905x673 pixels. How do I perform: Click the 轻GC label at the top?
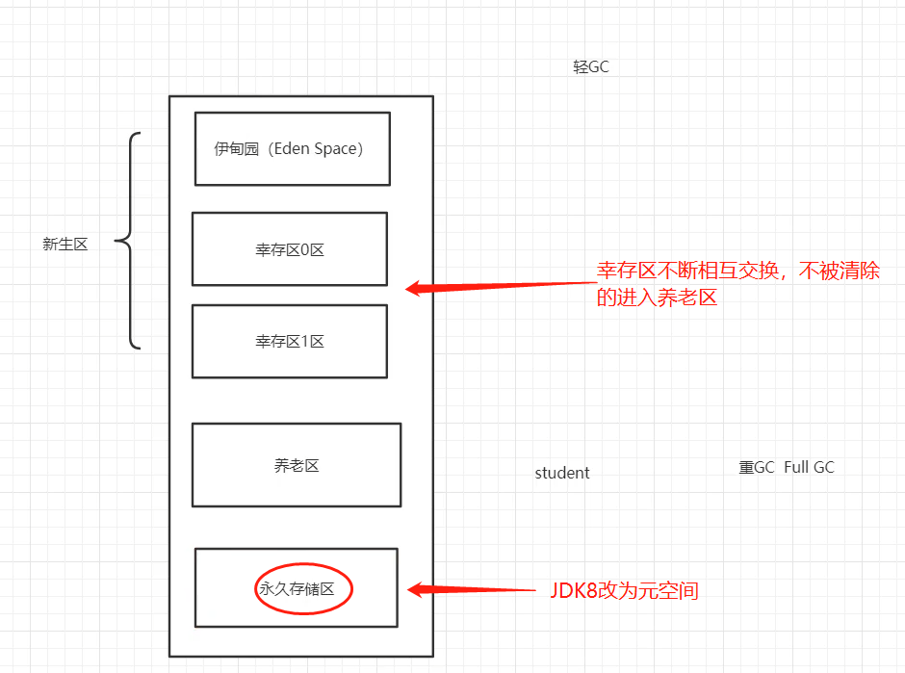pos(591,67)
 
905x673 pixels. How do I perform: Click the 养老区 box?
pos(297,465)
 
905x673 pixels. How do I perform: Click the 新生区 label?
pos(65,245)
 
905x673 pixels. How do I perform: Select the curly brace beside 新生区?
pos(129,241)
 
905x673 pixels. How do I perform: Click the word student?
pos(562,473)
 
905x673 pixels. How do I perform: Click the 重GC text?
pos(757,467)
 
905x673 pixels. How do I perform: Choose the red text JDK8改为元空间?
pos(624,590)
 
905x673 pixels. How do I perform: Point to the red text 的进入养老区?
pos(658,298)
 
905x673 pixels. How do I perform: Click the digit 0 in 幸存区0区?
pos(303,250)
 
